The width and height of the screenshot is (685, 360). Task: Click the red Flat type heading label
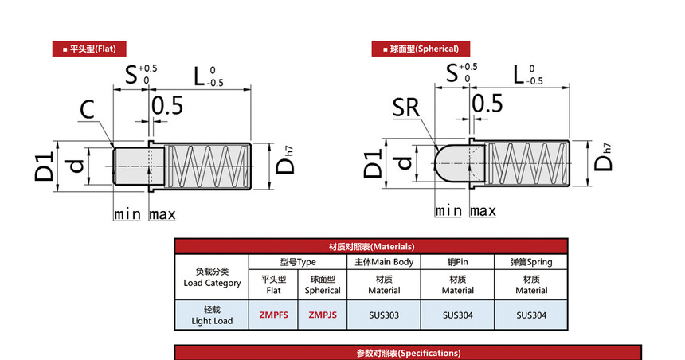point(89,49)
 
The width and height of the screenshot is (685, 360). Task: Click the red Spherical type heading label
point(421,49)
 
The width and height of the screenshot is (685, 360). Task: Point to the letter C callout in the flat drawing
point(87,109)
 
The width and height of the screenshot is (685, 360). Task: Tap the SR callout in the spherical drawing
point(406,108)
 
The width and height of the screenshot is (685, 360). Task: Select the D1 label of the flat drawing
point(44,166)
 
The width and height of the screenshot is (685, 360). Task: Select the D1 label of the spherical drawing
point(373,163)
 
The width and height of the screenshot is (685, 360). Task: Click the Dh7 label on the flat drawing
point(285,161)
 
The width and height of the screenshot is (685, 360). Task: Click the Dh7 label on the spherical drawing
point(603,157)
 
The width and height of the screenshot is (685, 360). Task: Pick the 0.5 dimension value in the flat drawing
point(167,106)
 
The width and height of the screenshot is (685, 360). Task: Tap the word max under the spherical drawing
point(483,211)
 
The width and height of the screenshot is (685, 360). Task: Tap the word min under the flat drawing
point(127,214)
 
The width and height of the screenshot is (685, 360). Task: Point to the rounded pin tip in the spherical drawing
point(444,164)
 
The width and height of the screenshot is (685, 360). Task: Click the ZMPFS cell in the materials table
point(273,315)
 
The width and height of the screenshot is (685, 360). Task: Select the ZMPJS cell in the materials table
point(323,315)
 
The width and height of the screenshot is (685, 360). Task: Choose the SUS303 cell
point(384,315)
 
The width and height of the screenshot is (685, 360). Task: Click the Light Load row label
point(212,315)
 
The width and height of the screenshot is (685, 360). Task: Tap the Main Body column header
point(384,262)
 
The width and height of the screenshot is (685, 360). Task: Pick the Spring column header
point(531,262)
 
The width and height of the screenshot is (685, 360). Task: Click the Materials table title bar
point(371,247)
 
